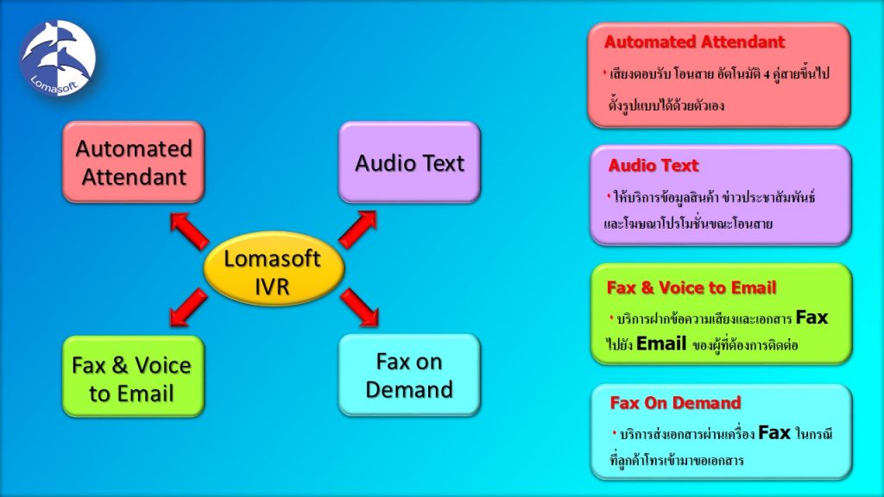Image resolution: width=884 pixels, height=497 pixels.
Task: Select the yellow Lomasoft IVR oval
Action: point(273,271)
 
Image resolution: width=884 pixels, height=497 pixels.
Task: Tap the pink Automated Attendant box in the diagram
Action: point(133,162)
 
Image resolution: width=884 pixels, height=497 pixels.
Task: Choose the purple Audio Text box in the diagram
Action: point(409,162)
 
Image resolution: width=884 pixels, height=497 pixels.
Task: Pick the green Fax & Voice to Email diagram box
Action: point(133,378)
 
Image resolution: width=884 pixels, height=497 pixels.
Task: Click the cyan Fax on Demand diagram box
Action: point(409,375)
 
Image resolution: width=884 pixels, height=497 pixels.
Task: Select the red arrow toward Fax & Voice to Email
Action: point(190,308)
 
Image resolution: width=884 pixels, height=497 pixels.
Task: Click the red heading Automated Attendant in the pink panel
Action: point(694,42)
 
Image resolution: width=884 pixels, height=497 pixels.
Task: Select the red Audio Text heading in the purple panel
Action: point(654,166)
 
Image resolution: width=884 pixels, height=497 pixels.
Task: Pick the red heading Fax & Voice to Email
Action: point(691,287)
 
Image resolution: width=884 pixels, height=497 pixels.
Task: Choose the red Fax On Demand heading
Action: point(675,403)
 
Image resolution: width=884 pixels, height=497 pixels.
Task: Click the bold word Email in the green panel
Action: point(662,343)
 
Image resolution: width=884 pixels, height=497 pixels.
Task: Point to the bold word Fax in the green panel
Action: point(811,318)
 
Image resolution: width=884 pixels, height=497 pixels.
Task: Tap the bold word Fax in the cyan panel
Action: point(774,432)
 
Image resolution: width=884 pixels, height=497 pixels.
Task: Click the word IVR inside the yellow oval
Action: point(273,286)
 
